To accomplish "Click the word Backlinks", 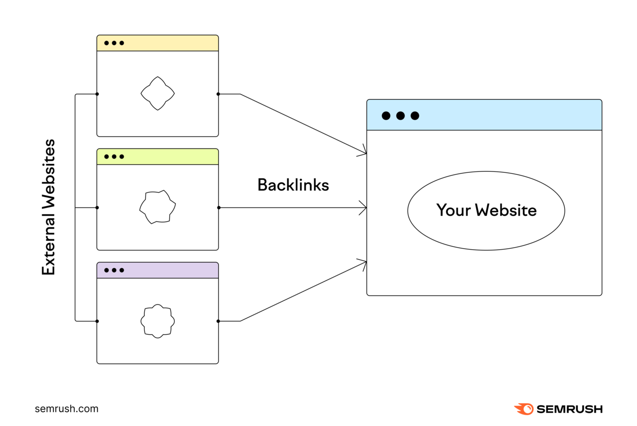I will pyautogui.click(x=293, y=185).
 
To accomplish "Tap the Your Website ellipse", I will pyautogui.click(x=486, y=210).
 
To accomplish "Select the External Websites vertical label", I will pyautogui.click(x=49, y=207).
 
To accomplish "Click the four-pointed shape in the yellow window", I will pyautogui.click(x=157, y=93).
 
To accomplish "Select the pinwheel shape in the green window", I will pyautogui.click(x=157, y=207).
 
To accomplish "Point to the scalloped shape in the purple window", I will pyautogui.click(x=157, y=321).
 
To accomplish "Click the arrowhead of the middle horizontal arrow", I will pyautogui.click(x=364, y=207).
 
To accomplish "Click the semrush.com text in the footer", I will pyautogui.click(x=67, y=409).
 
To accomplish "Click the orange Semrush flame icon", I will pyautogui.click(x=524, y=409).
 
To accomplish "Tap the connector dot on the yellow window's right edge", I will pyautogui.click(x=218, y=94).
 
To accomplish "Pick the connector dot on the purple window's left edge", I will pyautogui.click(x=97, y=321).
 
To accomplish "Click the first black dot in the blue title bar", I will pyautogui.click(x=386, y=116).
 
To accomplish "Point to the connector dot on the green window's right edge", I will pyautogui.click(x=218, y=207).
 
